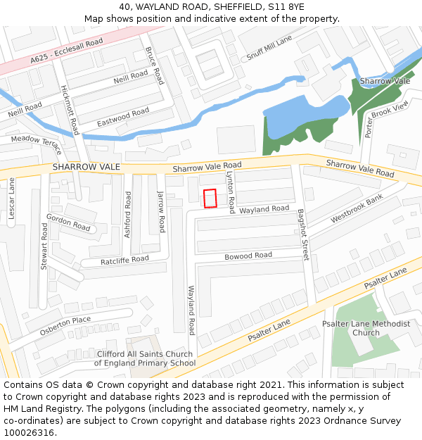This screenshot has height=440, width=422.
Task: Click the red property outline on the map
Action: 210,199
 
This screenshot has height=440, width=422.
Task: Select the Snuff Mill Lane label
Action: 268,49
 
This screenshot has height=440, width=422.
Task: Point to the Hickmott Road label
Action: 70,111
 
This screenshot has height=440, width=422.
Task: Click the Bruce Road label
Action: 154,66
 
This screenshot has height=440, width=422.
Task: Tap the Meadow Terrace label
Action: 37,140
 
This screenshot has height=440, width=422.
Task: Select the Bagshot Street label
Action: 303,234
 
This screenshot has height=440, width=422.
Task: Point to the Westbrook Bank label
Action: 357,208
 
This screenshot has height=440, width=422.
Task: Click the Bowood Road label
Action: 248,256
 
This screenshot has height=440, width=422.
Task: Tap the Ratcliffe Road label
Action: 124,260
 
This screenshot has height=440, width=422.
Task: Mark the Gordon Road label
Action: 68,222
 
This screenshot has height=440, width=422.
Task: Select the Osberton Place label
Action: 65,325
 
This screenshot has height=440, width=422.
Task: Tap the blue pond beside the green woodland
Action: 306,113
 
